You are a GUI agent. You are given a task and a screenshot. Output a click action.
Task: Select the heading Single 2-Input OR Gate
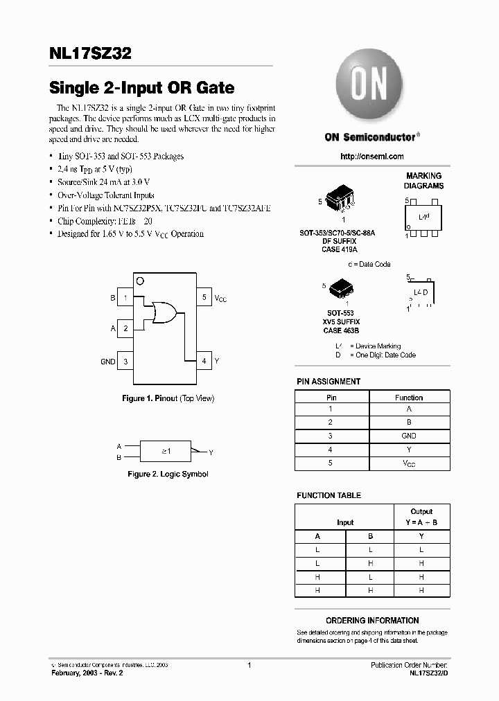(141, 88)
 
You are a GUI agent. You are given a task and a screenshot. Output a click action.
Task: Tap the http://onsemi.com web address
(371, 157)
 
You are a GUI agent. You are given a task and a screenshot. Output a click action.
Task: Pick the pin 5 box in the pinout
(204, 298)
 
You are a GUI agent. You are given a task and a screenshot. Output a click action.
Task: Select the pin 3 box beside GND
(125, 361)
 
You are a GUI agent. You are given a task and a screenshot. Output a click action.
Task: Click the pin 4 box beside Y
(204, 361)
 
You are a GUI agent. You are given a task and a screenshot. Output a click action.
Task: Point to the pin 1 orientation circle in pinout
(141, 281)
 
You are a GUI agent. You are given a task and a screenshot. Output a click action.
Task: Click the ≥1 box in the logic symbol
(166, 451)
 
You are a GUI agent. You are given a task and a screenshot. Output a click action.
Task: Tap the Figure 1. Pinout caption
(168, 398)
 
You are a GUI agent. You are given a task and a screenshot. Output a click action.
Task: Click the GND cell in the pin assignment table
(409, 436)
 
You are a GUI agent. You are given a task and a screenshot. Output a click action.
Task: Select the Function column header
(409, 398)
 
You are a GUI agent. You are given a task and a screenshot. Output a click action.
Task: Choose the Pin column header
(331, 398)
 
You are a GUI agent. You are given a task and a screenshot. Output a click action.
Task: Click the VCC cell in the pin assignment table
(409, 463)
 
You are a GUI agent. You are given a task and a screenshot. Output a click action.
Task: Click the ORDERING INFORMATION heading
(372, 621)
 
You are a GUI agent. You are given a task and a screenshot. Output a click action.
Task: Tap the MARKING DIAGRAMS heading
(424, 181)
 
